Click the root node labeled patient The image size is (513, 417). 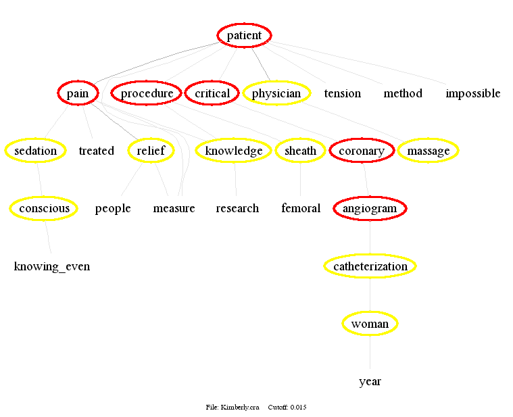[x=244, y=36]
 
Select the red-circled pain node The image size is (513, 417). [x=78, y=93]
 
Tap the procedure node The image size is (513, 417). [x=147, y=93]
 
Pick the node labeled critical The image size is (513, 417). [x=212, y=93]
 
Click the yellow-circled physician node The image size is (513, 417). [x=276, y=93]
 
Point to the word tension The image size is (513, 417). [x=342, y=93]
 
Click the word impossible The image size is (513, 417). [x=472, y=93]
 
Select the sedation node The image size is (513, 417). [x=35, y=151]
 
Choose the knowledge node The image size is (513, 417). [x=234, y=151]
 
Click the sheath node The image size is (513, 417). [x=300, y=151]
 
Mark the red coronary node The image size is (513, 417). [x=362, y=151]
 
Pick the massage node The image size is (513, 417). [x=429, y=151]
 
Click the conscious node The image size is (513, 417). [x=44, y=208]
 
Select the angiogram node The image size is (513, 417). [x=370, y=208]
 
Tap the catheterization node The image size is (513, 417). [x=370, y=266]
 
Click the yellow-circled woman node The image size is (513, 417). [x=370, y=324]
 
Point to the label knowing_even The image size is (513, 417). [x=52, y=266]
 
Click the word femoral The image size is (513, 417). [x=301, y=208]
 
